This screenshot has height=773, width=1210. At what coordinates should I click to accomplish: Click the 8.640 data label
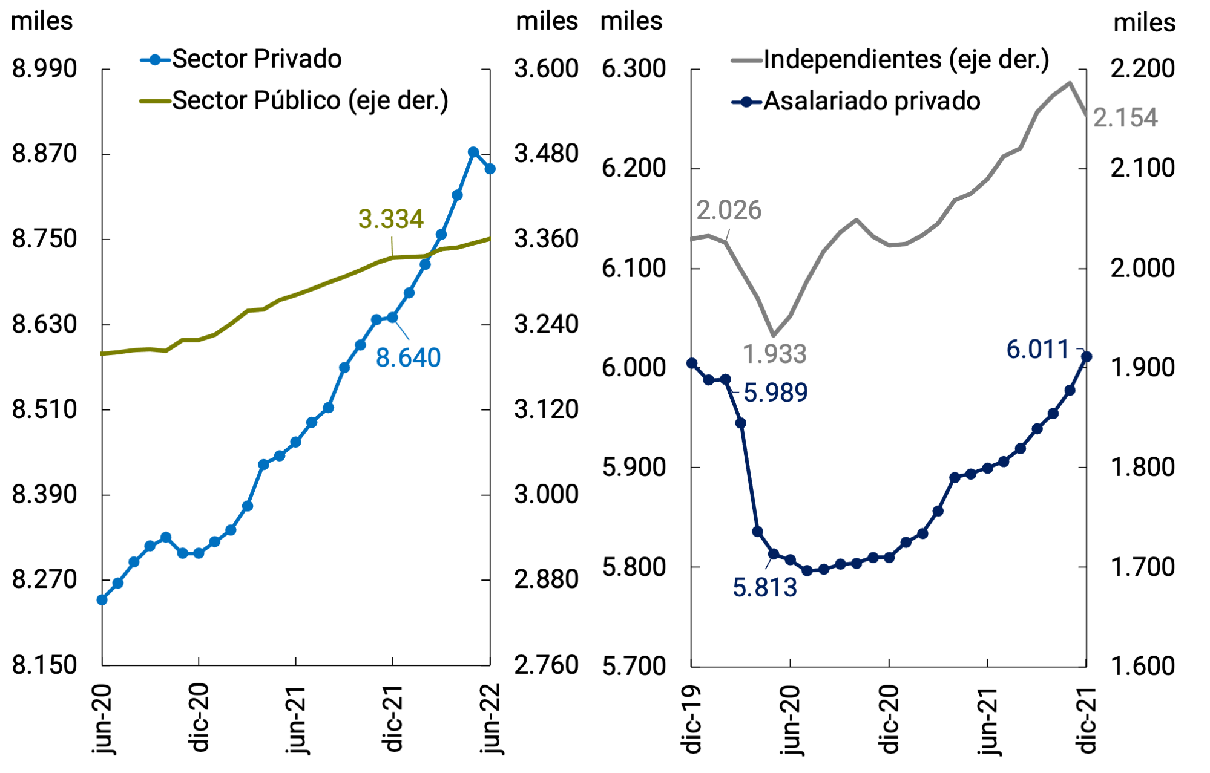408,357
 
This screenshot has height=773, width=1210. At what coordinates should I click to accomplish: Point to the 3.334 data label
390,219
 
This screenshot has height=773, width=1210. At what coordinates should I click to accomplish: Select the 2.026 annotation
728,210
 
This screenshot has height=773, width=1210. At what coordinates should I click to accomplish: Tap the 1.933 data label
774,354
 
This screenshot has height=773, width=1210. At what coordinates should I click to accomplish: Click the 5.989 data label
775,393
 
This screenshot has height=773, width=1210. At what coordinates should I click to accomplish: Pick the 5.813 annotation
764,588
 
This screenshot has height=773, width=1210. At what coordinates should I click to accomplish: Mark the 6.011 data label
1037,350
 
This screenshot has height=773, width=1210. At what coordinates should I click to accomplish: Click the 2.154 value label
1125,118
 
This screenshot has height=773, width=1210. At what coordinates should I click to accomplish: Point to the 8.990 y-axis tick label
45,69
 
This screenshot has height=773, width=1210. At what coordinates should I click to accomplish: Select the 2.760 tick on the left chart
546,665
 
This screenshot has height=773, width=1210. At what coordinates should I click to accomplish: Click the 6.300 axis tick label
633,69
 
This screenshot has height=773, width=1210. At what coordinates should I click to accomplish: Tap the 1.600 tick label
1142,666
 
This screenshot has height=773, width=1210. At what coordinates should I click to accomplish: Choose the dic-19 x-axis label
691,720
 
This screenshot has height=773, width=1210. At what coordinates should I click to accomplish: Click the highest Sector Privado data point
473,152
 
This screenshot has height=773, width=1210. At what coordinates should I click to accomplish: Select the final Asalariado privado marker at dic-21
1086,357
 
